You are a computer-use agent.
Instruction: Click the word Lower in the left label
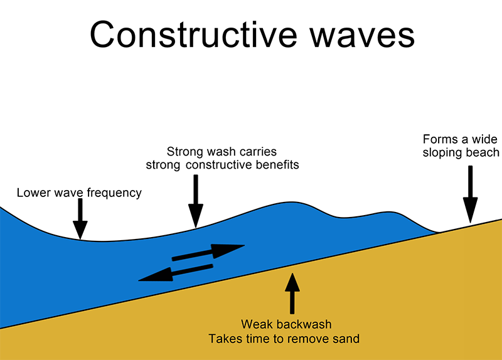pyautogui.click(x=31, y=193)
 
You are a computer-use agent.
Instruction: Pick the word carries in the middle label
pyautogui.click(x=257, y=152)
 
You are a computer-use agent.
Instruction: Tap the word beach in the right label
pyautogui.click(x=484, y=152)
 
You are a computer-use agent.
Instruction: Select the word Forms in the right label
pyautogui.click(x=437, y=139)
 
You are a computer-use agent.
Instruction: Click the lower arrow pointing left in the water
pyautogui.click(x=175, y=273)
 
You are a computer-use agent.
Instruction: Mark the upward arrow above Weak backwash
pyautogui.click(x=291, y=292)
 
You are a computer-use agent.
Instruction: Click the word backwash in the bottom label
pyautogui.click(x=305, y=325)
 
